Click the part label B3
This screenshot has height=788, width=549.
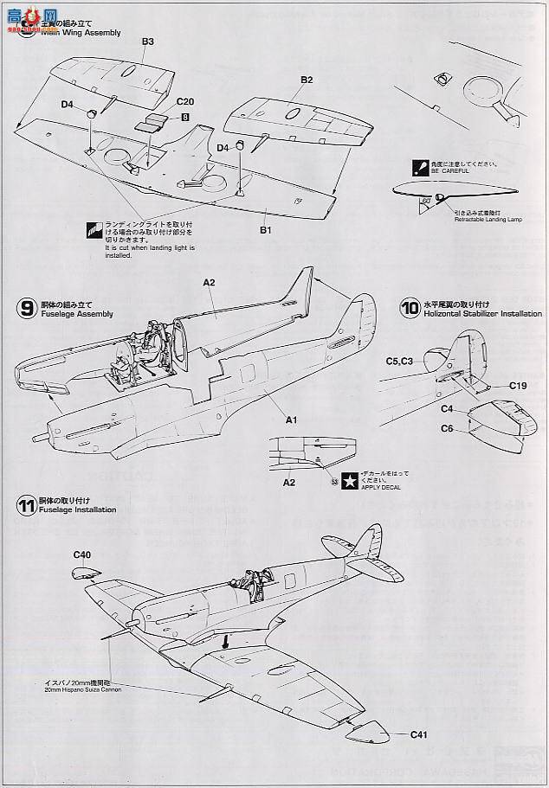coord(147,42)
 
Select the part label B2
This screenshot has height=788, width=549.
coord(307,80)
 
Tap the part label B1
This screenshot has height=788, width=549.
coord(267,230)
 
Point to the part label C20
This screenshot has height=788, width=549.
coord(184,101)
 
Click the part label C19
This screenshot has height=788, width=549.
coord(519,385)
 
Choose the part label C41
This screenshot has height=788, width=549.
coord(422,735)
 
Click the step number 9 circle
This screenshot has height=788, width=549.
coord(26,308)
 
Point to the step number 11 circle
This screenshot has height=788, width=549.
coord(26,504)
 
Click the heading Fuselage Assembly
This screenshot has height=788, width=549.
coord(76,314)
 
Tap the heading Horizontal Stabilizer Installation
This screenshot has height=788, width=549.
coord(483,313)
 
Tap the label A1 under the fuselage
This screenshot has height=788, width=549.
coord(292,420)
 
